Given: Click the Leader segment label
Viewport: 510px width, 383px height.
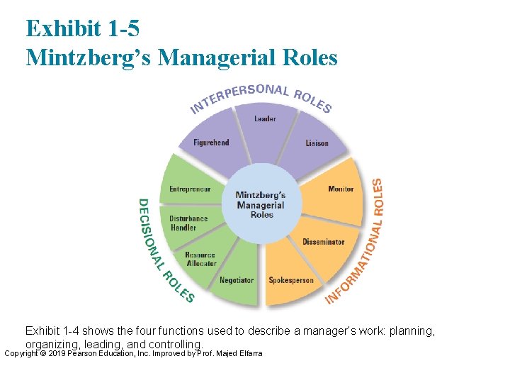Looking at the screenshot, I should click(x=265, y=118).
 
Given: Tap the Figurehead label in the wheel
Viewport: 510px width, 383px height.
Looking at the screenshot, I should click(x=212, y=143).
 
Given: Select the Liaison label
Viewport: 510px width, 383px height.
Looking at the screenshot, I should click(x=317, y=143).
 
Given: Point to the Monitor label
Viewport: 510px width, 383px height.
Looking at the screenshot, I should click(x=341, y=189).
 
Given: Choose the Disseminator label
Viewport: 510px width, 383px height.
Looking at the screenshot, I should click(x=323, y=242).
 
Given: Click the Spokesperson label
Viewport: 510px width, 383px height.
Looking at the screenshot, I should click(x=290, y=280).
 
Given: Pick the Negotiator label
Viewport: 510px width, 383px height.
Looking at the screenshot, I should click(x=237, y=280).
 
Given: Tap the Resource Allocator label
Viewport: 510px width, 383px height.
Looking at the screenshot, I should click(x=201, y=260).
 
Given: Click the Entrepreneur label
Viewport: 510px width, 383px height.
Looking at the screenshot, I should click(x=190, y=189).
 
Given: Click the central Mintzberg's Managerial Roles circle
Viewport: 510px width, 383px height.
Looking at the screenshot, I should click(x=261, y=204).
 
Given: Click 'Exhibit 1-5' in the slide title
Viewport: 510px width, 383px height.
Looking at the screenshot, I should click(x=83, y=28).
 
